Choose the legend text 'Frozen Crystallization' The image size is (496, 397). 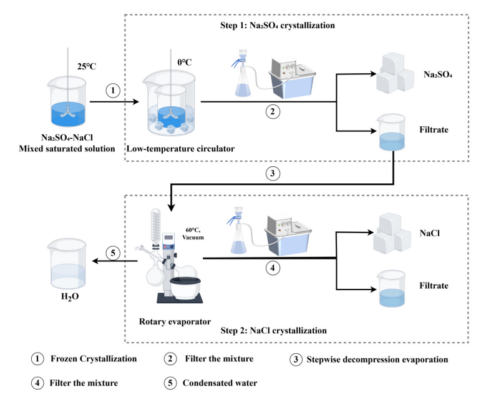[x=94, y=359]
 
